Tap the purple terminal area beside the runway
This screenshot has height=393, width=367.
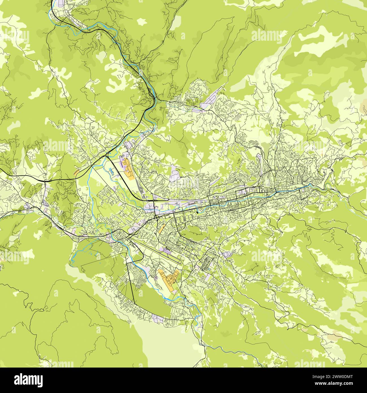pyautogui.click(x=167, y=250)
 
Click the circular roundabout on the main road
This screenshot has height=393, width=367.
pyautogui.click(x=156, y=218)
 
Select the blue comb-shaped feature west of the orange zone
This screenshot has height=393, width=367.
pyautogui.click(x=111, y=171)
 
